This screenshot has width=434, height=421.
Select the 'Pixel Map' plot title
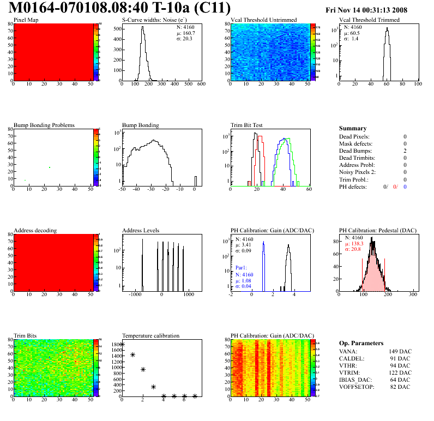pos(26,20)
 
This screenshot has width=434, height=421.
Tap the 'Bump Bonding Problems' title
pos(44,125)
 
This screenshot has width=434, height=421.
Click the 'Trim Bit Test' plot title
pos(247,125)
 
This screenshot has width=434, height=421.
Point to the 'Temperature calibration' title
pos(151,335)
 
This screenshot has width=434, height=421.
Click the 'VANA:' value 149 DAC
pos(399,351)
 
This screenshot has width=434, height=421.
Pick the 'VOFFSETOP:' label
pos(357,387)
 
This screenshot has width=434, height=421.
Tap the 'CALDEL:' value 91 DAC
pos(401,358)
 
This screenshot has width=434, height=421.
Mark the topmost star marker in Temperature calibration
pos(122,345)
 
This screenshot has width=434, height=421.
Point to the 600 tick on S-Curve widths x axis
pos(201,85)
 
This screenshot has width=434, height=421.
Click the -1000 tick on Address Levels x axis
pos(134,294)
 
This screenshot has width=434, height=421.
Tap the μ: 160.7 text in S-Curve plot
pos(186,33)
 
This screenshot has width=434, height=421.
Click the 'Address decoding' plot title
pos(35,230)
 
